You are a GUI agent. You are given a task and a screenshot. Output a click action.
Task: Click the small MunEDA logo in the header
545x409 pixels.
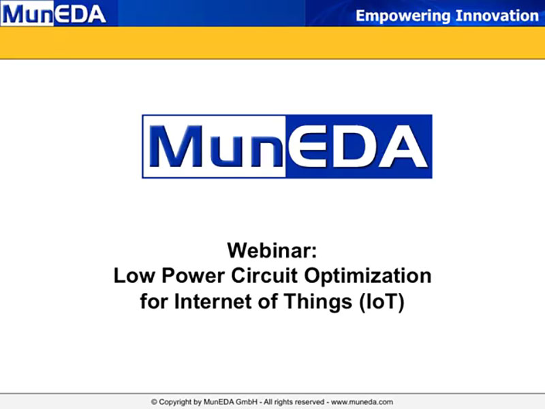(x=54, y=14)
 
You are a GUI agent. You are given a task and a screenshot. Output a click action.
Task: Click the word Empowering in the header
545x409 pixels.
(x=403, y=16)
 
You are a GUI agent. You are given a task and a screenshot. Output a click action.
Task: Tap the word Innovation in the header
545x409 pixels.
(x=497, y=16)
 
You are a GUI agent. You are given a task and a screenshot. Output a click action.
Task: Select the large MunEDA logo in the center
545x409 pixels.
(x=287, y=147)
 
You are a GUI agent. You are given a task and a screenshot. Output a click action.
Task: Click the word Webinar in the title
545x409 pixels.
(x=272, y=250)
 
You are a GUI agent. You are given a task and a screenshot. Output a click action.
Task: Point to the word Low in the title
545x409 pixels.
(x=134, y=275)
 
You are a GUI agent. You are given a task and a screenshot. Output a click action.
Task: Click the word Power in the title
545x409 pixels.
(x=193, y=277)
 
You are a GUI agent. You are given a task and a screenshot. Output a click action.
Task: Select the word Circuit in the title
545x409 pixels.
(x=264, y=275)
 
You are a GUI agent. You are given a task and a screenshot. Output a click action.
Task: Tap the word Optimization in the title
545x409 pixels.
(x=368, y=277)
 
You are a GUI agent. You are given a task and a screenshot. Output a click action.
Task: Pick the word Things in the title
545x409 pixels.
(x=318, y=302)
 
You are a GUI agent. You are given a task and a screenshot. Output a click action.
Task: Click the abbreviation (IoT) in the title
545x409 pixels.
(x=381, y=302)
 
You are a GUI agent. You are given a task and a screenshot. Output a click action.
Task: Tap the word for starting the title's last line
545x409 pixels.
(x=154, y=301)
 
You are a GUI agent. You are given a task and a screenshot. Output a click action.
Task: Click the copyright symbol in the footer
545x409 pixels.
(x=154, y=402)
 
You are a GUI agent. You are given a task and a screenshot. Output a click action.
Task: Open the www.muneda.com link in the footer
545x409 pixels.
(x=362, y=402)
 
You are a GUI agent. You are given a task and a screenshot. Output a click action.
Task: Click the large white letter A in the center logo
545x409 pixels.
(x=403, y=147)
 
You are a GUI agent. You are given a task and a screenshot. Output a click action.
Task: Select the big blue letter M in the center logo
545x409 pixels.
(x=176, y=147)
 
